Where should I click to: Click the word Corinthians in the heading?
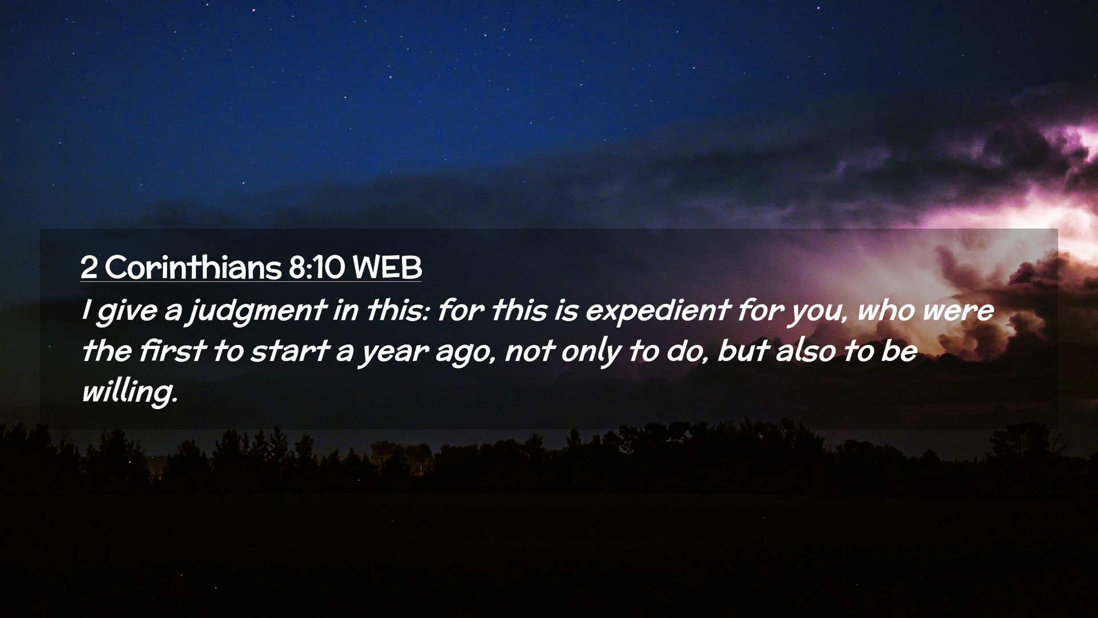pos(193,267)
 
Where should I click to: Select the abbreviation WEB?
pos(387,267)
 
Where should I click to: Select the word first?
pos(172,351)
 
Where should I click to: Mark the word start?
pos(290,351)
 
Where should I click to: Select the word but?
pos(742,351)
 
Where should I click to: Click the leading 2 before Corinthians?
pos(89,267)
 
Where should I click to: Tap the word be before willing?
pos(899,351)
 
